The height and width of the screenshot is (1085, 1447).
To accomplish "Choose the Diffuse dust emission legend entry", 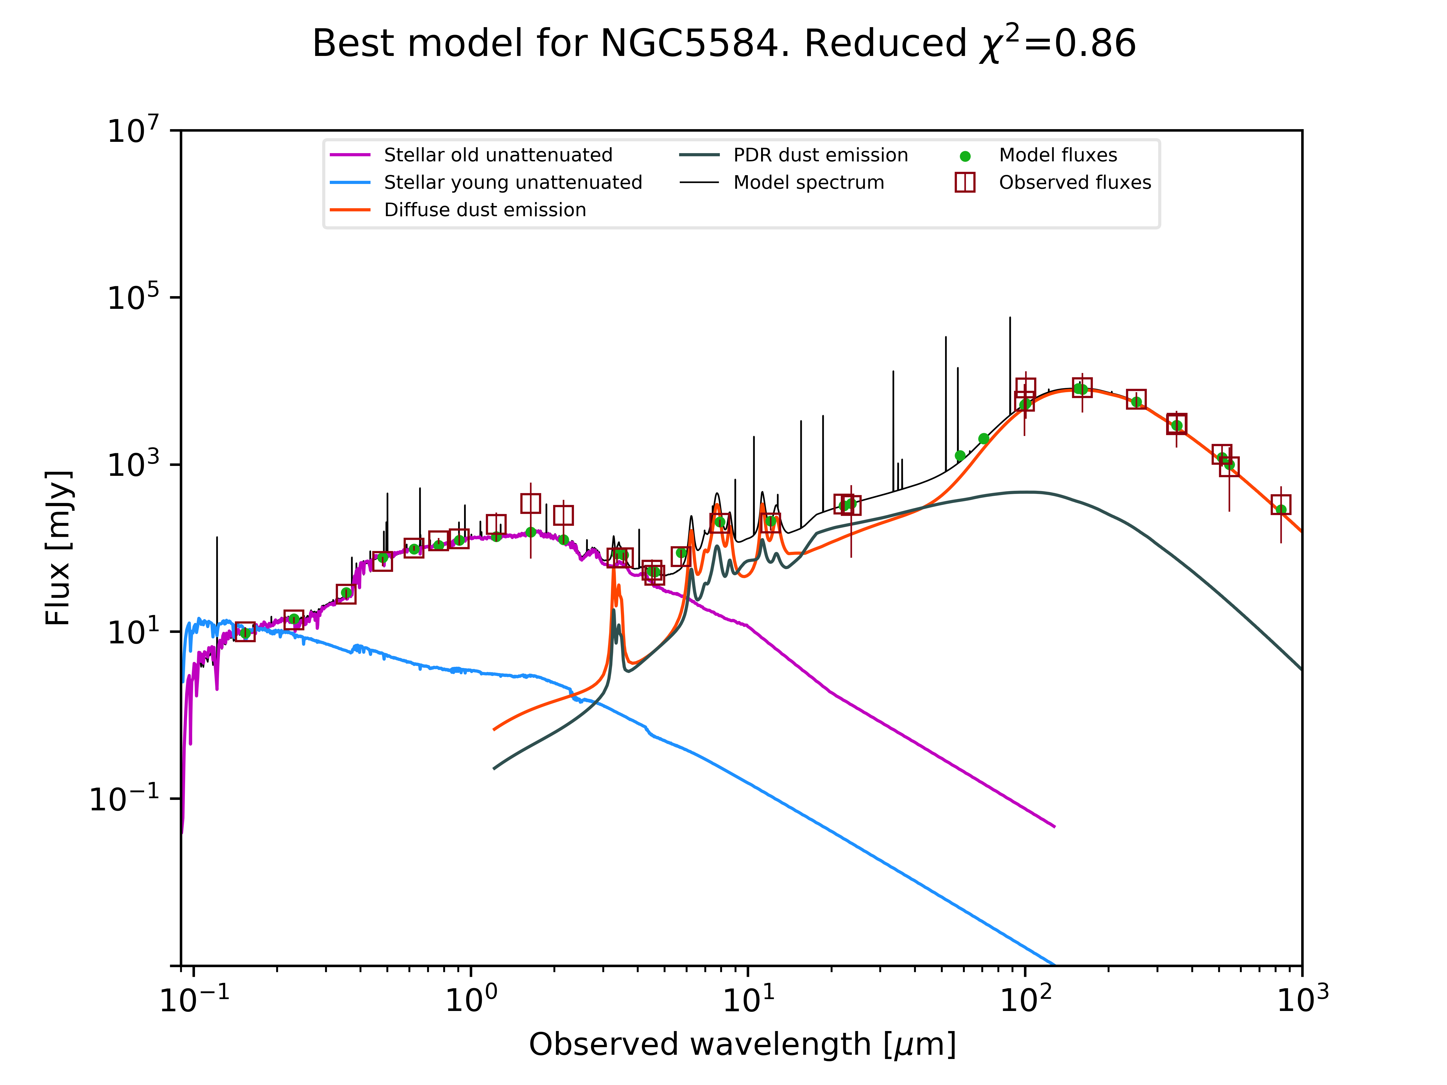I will (x=485, y=210).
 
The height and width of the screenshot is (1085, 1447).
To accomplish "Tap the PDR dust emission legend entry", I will (x=820, y=155).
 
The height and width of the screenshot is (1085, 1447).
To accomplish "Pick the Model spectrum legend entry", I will (x=809, y=183).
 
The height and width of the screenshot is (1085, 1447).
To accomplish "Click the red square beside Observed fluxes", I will (x=965, y=183).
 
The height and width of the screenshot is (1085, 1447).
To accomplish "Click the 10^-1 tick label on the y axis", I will (x=124, y=798).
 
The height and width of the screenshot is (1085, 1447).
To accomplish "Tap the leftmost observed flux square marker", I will (x=245, y=632).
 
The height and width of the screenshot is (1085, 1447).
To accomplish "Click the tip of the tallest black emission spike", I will (x=1010, y=318).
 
